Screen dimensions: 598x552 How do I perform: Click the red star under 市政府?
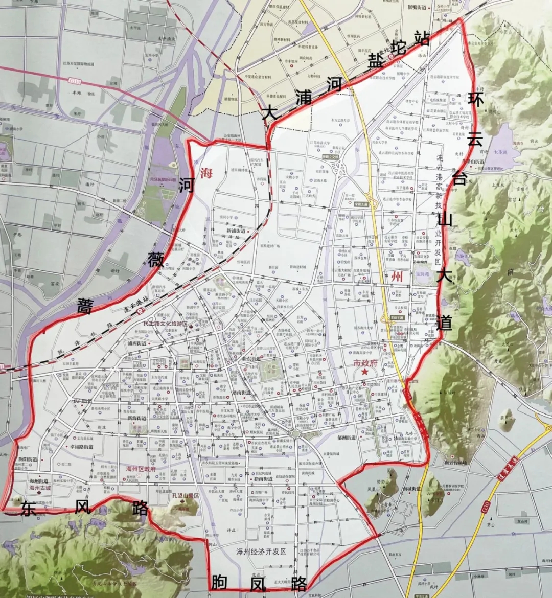pyautogui.click(x=365, y=372)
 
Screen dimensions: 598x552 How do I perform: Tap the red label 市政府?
pyautogui.click(x=365, y=363)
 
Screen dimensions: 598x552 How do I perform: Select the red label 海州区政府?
pyautogui.click(x=141, y=468)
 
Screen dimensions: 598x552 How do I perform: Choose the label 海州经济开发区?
pyautogui.click(x=261, y=551)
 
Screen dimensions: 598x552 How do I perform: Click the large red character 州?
pyautogui.click(x=397, y=277)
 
